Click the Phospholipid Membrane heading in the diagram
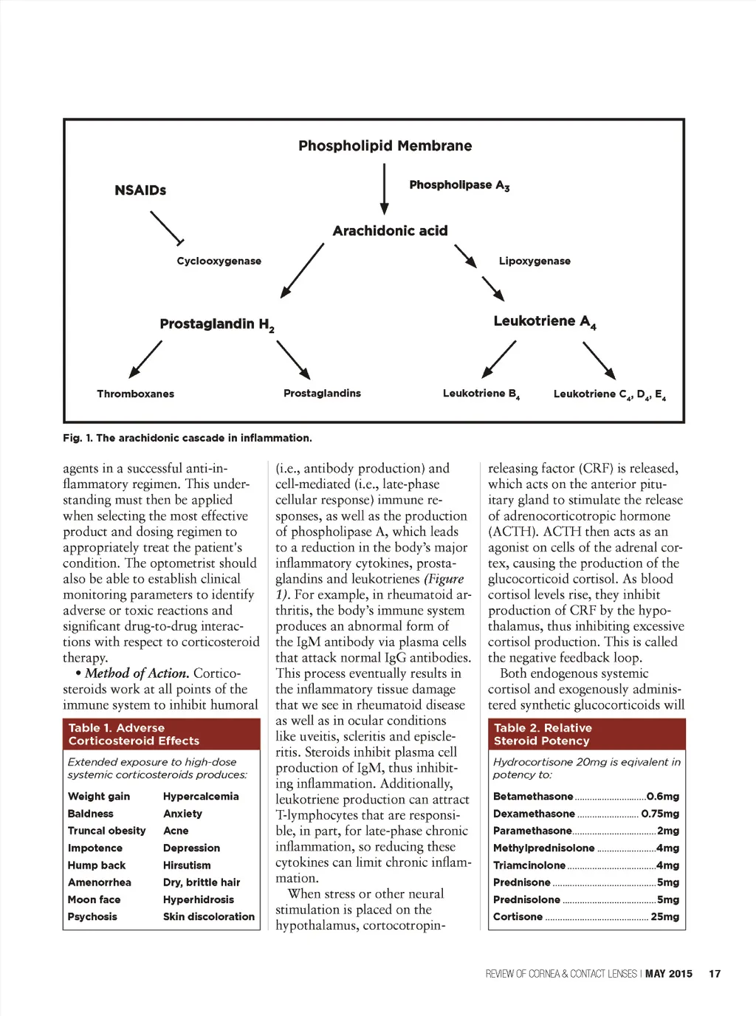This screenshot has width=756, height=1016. tap(385, 145)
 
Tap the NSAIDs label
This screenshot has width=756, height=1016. tap(140, 190)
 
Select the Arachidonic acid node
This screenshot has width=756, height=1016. tap(390, 231)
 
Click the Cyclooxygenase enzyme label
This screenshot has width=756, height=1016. tap(219, 261)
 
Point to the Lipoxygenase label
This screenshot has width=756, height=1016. tap(535, 261)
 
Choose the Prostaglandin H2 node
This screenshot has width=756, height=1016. tap(216, 324)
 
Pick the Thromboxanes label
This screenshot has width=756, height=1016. tap(135, 394)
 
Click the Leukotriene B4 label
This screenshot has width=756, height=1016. tap(481, 394)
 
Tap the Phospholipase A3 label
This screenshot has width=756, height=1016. tap(459, 185)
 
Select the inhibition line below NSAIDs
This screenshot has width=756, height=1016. tap(167, 228)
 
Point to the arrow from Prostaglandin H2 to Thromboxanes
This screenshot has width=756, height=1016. tap(145, 359)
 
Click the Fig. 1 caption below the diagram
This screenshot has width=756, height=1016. tap(187, 439)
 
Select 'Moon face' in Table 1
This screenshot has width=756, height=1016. tap(94, 900)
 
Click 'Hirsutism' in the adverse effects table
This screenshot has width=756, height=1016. tap(187, 865)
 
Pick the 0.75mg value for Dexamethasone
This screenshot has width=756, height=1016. tap(660, 814)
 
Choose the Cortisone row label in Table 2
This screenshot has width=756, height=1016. tap(518, 917)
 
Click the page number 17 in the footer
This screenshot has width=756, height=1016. tap(715, 974)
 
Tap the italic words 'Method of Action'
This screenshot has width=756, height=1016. tap(137, 673)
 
